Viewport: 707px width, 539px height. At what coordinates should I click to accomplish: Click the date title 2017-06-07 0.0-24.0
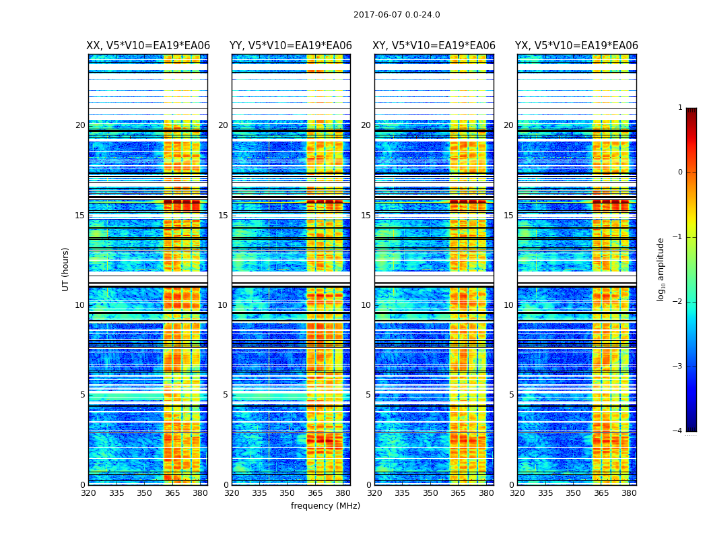pyautogui.click(x=397, y=15)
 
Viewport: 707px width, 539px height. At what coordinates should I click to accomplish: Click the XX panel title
pyautogui.click(x=148, y=46)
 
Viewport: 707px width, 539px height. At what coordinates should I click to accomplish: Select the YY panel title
pyautogui.click(x=291, y=46)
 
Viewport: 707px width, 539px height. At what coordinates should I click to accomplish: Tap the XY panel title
pyautogui.click(x=434, y=46)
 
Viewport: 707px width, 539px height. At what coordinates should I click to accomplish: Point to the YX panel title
pyautogui.click(x=576, y=46)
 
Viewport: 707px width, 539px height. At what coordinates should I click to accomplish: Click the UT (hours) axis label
pyautogui.click(x=66, y=269)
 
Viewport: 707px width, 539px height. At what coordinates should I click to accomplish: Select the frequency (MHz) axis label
pyautogui.click(x=325, y=506)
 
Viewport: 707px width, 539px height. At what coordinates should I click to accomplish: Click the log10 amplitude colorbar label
pyautogui.click(x=661, y=269)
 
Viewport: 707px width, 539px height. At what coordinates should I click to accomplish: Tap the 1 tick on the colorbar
pyautogui.click(x=680, y=108)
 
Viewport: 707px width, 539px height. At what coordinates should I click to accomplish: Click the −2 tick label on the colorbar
pyautogui.click(x=677, y=302)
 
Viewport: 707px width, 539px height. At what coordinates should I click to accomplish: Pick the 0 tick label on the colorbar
pyautogui.click(x=680, y=172)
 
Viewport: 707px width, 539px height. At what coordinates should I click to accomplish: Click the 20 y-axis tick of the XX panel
pyautogui.click(x=80, y=125)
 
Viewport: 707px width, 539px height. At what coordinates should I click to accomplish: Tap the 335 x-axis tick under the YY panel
pyautogui.click(x=260, y=493)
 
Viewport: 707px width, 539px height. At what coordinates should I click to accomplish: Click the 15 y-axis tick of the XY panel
pyautogui.click(x=366, y=215)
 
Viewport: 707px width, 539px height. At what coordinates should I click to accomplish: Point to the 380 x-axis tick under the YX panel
pyautogui.click(x=629, y=493)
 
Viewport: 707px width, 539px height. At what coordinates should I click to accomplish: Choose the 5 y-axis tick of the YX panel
pyautogui.click(x=512, y=395)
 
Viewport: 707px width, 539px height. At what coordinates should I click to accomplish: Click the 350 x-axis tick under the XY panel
pyautogui.click(x=430, y=493)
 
